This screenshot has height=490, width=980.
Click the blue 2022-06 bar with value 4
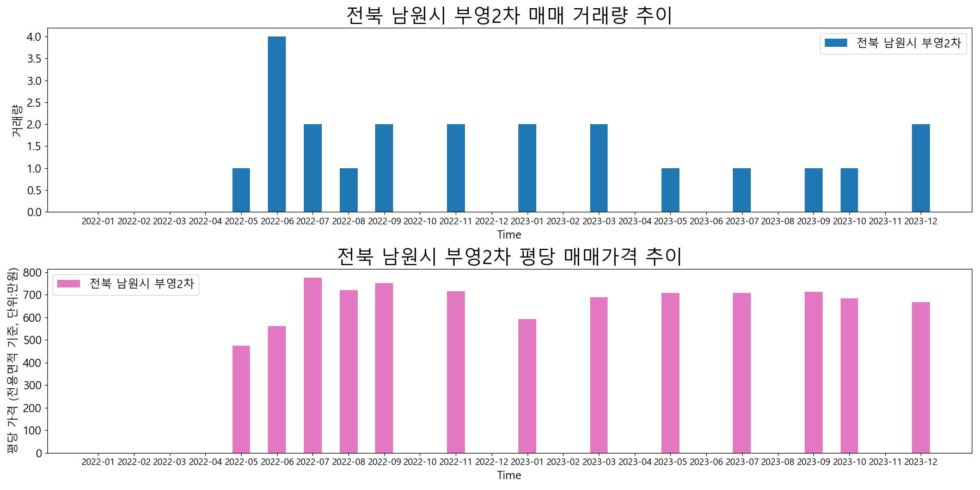[x=277, y=124]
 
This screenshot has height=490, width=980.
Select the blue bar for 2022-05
[x=241, y=190]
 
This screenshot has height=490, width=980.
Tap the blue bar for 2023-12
[x=921, y=168]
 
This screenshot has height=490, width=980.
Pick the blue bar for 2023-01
[x=527, y=168]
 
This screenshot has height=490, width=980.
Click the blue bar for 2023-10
[x=849, y=190]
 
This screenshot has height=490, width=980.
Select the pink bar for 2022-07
[x=313, y=365]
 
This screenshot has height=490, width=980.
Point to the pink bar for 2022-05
[x=241, y=399]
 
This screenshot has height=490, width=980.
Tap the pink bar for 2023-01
[x=527, y=386]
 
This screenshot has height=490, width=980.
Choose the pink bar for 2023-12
[x=921, y=377]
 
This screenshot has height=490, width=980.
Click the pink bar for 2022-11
[x=456, y=372]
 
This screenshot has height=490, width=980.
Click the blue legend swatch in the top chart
[x=836, y=43]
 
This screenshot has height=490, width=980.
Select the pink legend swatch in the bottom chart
[x=69, y=284]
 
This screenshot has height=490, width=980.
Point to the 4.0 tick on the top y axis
[x=34, y=37]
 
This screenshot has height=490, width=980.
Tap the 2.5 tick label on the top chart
[x=34, y=103]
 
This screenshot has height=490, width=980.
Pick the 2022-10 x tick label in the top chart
[x=420, y=221]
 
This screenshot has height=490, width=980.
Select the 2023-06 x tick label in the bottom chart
[x=706, y=462]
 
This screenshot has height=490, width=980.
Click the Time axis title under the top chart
[x=509, y=235]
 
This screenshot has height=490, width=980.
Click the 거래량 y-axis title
[x=16, y=120]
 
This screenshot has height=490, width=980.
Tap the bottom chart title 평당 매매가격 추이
[x=509, y=256]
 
